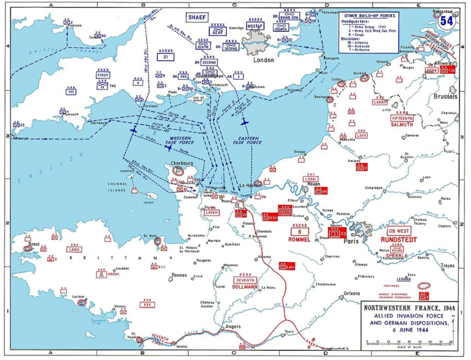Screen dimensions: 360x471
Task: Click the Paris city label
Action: pos(353,242)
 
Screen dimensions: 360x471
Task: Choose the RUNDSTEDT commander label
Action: pos(402,240)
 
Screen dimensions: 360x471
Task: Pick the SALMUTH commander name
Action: pos(402,124)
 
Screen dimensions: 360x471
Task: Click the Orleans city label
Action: pos(352,293)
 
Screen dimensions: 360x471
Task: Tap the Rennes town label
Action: pos(179,275)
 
